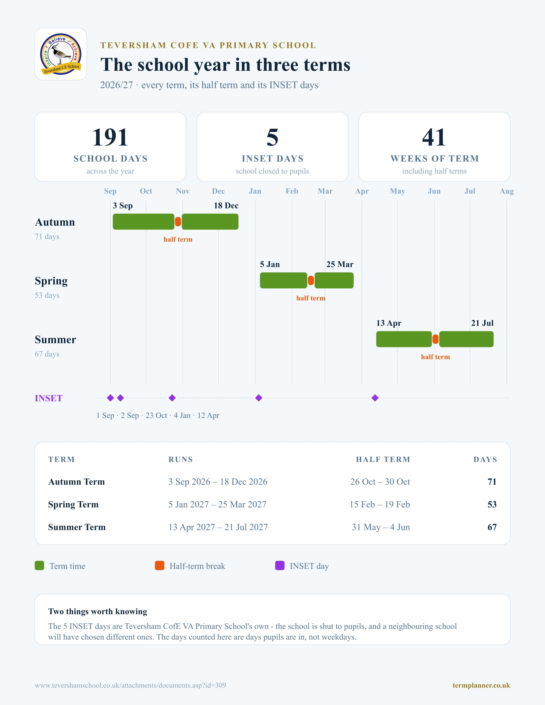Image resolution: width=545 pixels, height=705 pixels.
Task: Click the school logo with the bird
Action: click(61, 54)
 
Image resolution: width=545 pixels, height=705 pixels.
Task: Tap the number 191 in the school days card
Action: click(110, 137)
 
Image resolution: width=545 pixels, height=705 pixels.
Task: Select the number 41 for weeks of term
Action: click(434, 137)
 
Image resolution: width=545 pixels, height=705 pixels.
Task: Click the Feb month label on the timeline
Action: click(292, 191)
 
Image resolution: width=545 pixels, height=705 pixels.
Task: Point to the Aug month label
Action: click(507, 191)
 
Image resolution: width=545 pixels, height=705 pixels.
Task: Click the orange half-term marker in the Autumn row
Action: click(178, 222)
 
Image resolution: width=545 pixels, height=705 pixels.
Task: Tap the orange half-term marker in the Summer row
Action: click(436, 339)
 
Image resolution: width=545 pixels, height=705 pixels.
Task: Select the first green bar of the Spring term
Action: click(284, 280)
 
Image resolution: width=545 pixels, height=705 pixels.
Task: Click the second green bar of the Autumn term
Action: click(210, 222)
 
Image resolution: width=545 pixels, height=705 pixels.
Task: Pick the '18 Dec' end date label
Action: click(226, 206)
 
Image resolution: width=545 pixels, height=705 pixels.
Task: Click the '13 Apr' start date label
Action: click(389, 323)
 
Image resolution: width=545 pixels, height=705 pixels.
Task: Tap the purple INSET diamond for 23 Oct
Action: click(172, 398)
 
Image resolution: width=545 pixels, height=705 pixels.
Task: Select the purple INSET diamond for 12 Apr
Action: click(375, 398)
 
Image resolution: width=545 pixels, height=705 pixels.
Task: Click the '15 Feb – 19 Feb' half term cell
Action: click(380, 504)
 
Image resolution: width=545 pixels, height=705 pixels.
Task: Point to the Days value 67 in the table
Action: click(492, 527)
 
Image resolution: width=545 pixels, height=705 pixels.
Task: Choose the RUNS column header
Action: click(181, 459)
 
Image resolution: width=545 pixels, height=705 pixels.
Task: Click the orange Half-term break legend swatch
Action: click(160, 566)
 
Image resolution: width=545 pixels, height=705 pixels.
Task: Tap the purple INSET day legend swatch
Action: click(280, 566)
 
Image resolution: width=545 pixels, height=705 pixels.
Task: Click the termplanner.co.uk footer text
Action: click(481, 685)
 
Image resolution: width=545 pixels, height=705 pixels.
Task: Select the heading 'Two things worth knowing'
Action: click(97, 611)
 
